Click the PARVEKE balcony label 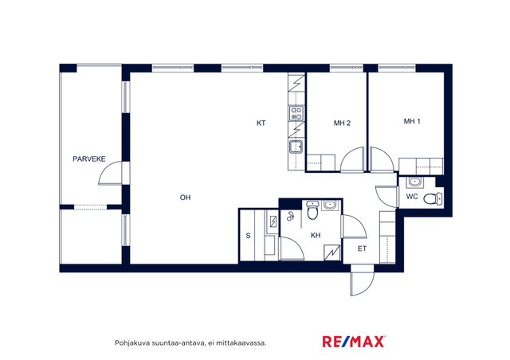tap(88, 159)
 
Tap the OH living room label tap(185, 198)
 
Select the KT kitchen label tap(261, 123)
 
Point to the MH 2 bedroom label tap(342, 123)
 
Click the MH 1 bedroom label tap(412, 121)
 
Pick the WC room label tap(412, 197)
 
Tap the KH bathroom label tap(316, 235)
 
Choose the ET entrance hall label tap(362, 248)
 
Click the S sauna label tap(248, 236)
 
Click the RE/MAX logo tap(354, 342)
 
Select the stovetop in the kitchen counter tap(296, 113)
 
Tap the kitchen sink tap(296, 147)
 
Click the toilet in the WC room tap(433, 198)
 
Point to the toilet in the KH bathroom tap(312, 210)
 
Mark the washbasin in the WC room tap(414, 182)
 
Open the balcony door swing tap(110, 173)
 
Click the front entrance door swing tap(363, 282)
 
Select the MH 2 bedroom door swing tap(352, 159)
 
